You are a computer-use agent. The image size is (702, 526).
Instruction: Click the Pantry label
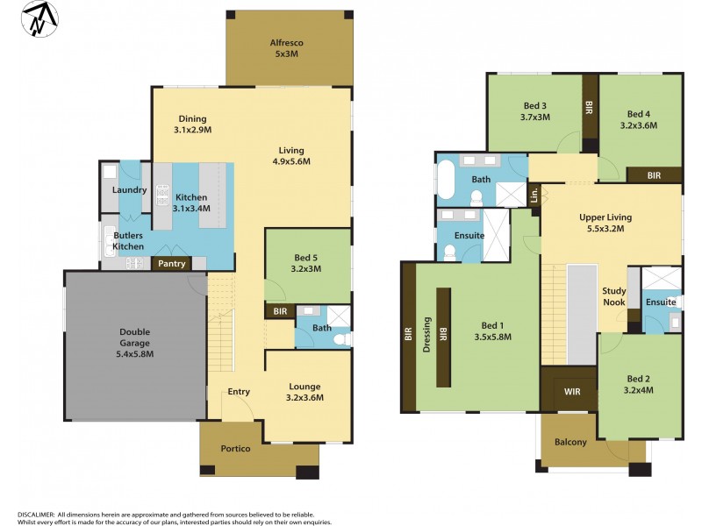pos(171,262)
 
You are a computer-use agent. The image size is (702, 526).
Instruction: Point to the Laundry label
pos(129,190)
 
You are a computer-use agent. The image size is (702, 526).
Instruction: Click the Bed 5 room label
pos(307,263)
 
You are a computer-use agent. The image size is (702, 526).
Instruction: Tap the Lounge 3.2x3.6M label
pos(304,391)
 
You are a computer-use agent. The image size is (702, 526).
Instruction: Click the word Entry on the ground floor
pos(239,392)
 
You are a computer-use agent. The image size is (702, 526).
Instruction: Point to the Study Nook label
pos(613,296)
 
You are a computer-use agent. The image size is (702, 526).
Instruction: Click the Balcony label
pos(570,442)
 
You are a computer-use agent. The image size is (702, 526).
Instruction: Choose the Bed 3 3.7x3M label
pos(534,111)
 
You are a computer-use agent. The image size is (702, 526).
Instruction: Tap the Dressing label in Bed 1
pos(428,333)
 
